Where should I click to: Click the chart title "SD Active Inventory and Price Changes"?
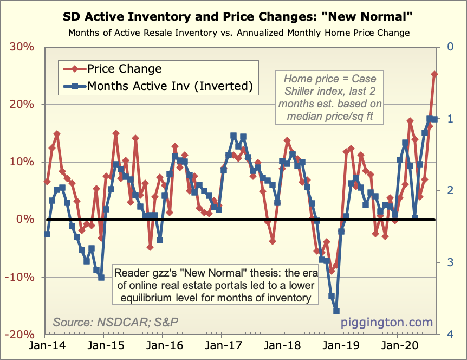click(233, 16)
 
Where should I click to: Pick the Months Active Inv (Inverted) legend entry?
click(170, 86)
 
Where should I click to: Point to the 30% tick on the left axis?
click(22, 47)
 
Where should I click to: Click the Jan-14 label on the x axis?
click(45, 345)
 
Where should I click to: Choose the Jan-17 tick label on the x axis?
click(220, 345)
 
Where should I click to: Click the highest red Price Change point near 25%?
click(434, 74)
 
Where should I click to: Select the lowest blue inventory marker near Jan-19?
click(336, 311)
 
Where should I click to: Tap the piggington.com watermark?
click(387, 323)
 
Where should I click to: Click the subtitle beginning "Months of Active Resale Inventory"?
click(238, 33)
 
